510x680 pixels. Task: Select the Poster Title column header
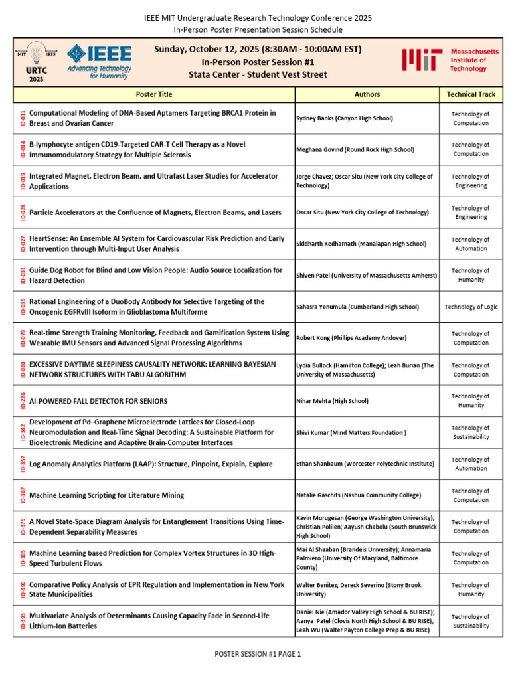pos(153,94)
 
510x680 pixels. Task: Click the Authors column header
pos(367,94)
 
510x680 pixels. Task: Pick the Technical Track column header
pos(470,94)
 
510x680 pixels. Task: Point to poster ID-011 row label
pos(23,118)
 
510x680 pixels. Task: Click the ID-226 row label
pos(23,401)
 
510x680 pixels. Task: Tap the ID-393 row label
pos(23,621)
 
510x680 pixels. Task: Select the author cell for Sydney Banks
pos(345,118)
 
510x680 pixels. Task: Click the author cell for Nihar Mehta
pos(332,401)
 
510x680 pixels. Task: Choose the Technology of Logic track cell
pos(470,307)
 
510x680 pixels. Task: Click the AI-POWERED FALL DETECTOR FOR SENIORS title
pos(98,401)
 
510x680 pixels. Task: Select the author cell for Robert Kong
pos(351,338)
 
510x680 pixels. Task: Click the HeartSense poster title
pos(157,244)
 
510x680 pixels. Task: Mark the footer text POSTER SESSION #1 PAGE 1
pos(258,654)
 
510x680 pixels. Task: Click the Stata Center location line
pos(259,74)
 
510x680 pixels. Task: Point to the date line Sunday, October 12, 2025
pos(258,50)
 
